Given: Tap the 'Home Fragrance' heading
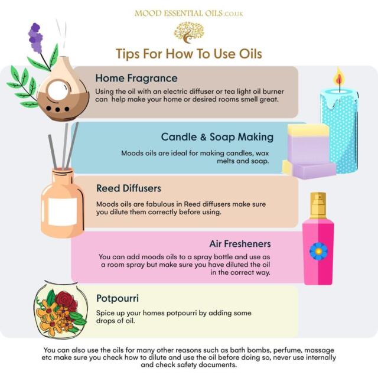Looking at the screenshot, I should tap(136, 78).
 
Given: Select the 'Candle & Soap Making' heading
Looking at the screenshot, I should tap(217, 137).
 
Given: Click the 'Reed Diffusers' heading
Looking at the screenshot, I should tap(128, 188).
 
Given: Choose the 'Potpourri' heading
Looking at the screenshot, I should tap(118, 298).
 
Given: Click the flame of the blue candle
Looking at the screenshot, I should tap(338, 79).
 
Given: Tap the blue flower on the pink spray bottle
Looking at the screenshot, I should tap(318, 251).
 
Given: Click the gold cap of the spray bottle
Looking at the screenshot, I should tap(318, 204).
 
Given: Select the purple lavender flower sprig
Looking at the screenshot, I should tap(36, 38).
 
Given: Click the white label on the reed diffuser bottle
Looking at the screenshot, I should tap(62, 211).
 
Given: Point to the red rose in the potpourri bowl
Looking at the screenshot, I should tap(67, 301).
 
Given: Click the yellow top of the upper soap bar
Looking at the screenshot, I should tap(308, 130).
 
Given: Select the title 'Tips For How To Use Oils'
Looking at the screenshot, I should tap(188, 54).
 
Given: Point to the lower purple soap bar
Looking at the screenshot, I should tap(313, 170).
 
